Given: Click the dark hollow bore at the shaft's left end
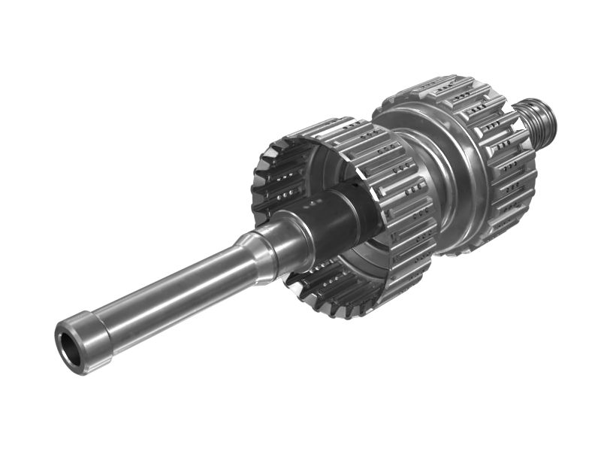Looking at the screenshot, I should click(x=68, y=347).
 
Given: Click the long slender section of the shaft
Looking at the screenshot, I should click(x=173, y=289).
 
